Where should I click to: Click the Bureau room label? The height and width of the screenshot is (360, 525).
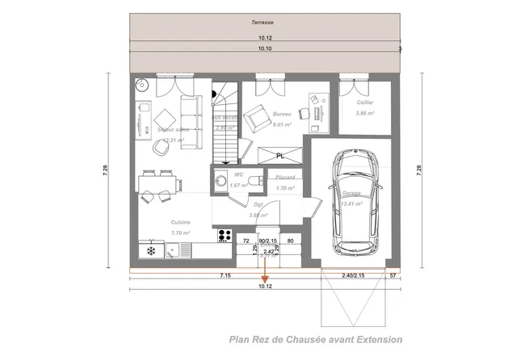click(282, 115)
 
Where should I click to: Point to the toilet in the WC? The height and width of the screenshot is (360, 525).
click(252, 182)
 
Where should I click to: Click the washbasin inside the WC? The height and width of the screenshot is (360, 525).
click(219, 182)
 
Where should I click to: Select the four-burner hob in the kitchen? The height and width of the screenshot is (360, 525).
click(225, 235)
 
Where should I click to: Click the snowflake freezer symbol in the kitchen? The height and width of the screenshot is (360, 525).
click(150, 252)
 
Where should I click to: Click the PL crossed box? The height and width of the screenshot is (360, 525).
click(279, 154)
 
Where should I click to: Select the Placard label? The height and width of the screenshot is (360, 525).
click(283, 177)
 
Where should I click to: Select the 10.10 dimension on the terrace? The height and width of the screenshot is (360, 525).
click(264, 49)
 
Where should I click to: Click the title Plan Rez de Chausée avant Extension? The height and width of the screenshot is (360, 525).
click(315, 340)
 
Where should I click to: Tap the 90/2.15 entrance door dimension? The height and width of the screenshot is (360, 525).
click(267, 241)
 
